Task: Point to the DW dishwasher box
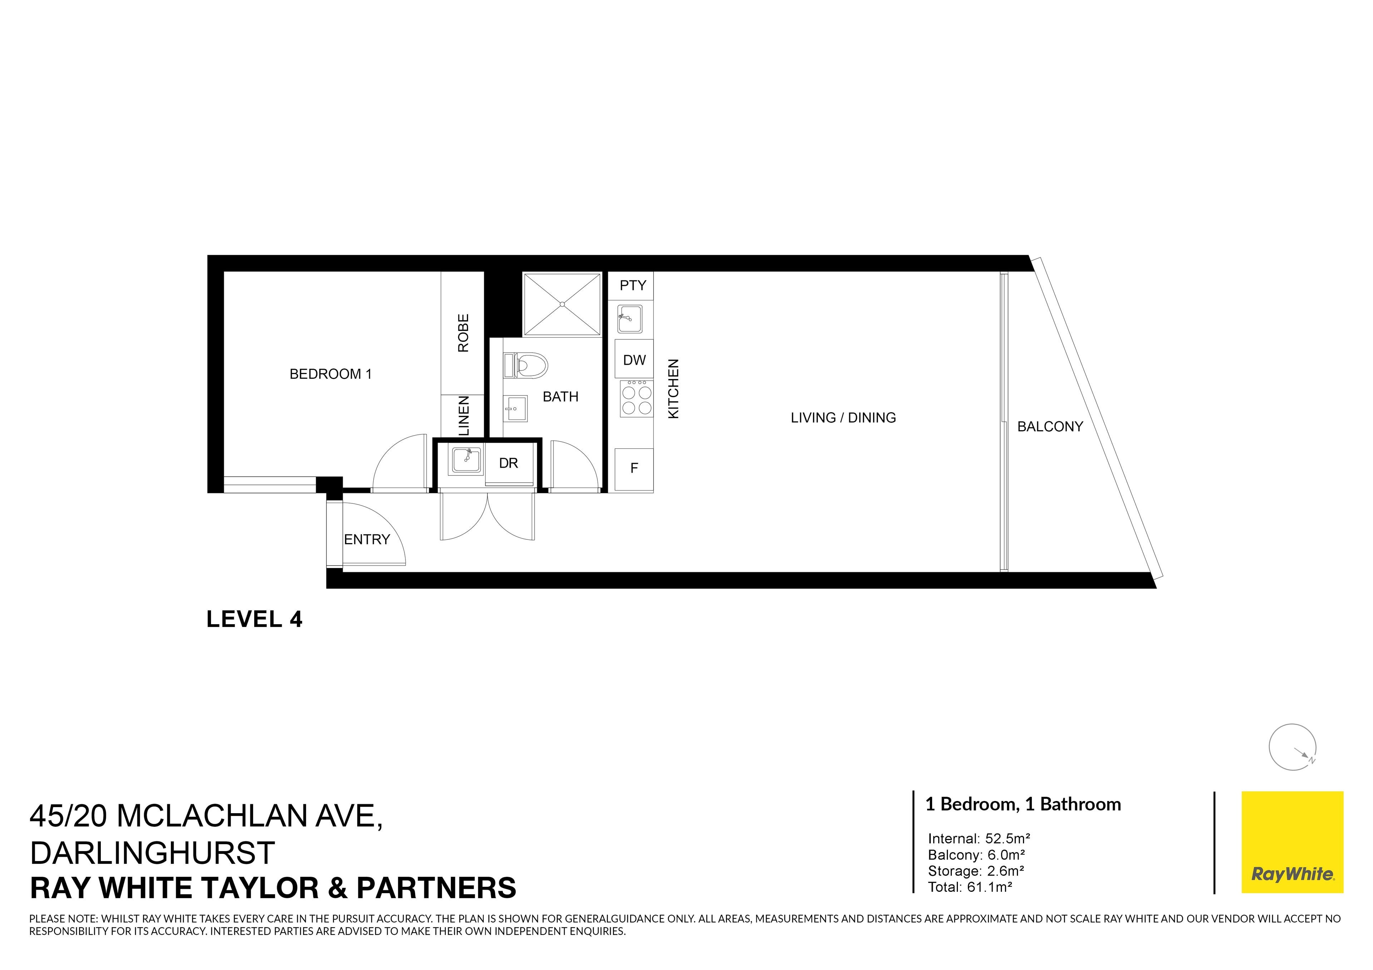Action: point(634,360)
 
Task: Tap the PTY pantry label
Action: point(632,286)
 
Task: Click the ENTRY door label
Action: point(366,540)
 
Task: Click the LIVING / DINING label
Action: point(843,418)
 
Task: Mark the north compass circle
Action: point(1292,747)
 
